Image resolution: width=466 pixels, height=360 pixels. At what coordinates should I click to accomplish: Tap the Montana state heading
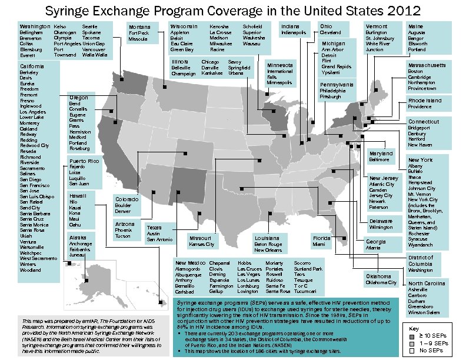139,28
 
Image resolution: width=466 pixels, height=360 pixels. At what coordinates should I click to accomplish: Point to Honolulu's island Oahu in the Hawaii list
75,225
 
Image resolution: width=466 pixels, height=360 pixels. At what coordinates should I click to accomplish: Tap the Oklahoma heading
378,276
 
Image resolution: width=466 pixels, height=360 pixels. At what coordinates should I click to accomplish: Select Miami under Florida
319,244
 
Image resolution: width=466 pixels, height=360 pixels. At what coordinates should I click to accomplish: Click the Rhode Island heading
425,101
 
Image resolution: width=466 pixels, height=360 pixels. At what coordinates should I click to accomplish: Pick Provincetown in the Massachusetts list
422,89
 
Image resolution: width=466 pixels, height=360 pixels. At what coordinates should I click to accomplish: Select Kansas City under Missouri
202,244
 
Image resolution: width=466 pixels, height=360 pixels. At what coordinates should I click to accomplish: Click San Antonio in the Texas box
159,239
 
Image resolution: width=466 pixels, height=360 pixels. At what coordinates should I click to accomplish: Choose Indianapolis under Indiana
294,33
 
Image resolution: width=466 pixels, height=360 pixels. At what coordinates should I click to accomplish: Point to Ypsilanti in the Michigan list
331,73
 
